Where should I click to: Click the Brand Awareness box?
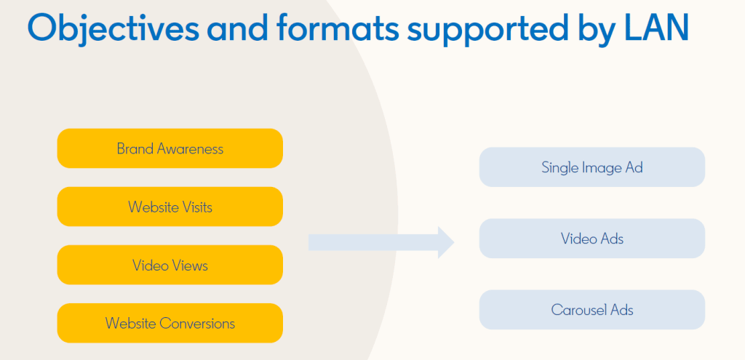click(170, 148)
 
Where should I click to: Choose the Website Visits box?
click(170, 207)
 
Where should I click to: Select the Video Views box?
click(170, 265)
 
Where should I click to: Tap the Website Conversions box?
click(170, 323)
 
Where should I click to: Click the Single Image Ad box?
click(592, 167)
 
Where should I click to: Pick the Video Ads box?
click(592, 239)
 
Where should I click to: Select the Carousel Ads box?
click(592, 310)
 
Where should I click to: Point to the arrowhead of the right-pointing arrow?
click(455, 243)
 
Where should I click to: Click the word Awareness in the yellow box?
click(190, 148)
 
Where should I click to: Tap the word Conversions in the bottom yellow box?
click(197, 324)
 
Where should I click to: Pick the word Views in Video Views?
click(189, 265)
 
